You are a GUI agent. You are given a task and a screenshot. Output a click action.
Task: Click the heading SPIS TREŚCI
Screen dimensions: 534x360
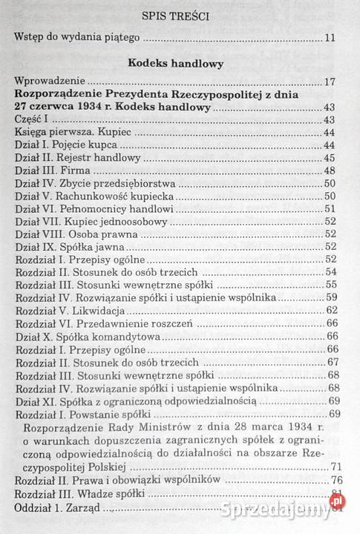(180, 14)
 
